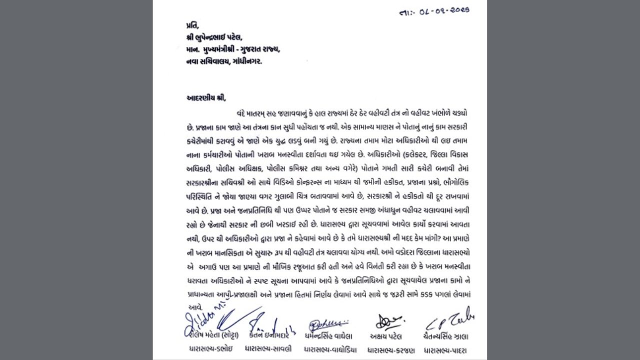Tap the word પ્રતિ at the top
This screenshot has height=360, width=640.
[x=190, y=25]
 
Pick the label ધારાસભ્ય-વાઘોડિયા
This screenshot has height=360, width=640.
[x=330, y=349]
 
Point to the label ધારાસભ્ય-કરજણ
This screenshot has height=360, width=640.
[x=389, y=349]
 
